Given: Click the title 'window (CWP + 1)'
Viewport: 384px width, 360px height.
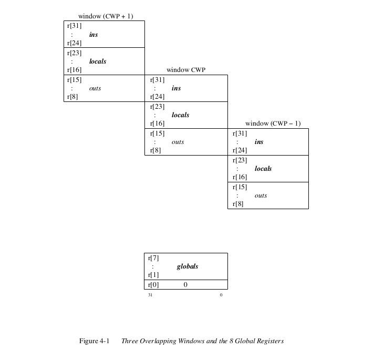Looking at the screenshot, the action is click(106, 16).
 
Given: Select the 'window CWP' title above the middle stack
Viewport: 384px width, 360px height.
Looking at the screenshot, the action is click(186, 70).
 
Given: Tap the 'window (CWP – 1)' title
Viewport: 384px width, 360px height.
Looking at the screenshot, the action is click(273, 124).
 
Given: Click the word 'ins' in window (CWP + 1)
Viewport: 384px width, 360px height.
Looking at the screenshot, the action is click(94, 35).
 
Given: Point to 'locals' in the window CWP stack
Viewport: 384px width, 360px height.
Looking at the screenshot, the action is click(181, 115).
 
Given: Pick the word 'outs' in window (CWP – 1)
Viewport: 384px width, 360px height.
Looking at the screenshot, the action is click(261, 196).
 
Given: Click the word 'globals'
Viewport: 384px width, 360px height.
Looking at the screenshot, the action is click(188, 266).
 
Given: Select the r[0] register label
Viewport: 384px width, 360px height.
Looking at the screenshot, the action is click(153, 285).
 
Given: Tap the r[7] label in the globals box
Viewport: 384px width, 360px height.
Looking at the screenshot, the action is click(153, 258).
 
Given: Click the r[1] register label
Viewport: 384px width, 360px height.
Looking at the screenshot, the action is click(153, 275).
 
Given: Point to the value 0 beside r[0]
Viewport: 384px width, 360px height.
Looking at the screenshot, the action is click(185, 284).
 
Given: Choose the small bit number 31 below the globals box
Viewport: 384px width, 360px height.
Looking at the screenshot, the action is click(150, 295).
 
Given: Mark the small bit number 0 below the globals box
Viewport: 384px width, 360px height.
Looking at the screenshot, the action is click(221, 295).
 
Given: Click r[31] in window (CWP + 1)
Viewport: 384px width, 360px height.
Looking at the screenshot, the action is click(74, 26).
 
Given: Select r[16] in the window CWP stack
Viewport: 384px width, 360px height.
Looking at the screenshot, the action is click(157, 124).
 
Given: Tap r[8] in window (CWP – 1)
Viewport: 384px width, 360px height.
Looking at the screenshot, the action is click(238, 204).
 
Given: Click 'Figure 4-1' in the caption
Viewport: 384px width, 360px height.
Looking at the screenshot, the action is click(94, 341).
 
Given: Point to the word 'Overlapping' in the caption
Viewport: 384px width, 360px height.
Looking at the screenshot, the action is click(158, 341).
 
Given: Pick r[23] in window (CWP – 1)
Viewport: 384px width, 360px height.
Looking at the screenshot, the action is click(240, 160).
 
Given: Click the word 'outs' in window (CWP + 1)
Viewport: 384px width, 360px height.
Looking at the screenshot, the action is click(95, 88).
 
